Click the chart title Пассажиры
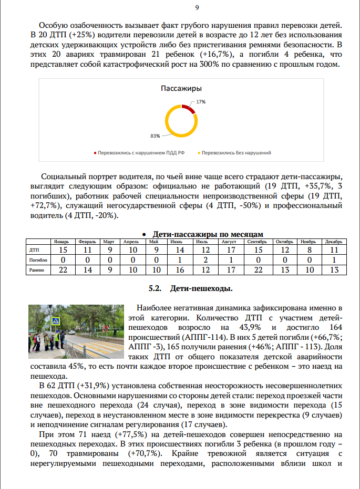(x=182, y=89)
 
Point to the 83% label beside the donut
(x=155, y=136)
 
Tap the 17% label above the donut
(x=201, y=101)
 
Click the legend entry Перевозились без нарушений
(x=236, y=153)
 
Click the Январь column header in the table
(x=63, y=242)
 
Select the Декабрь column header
(x=333, y=242)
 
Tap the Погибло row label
(x=38, y=260)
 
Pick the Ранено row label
(x=37, y=270)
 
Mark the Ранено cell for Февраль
(x=87, y=270)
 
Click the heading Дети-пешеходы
(x=201, y=288)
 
